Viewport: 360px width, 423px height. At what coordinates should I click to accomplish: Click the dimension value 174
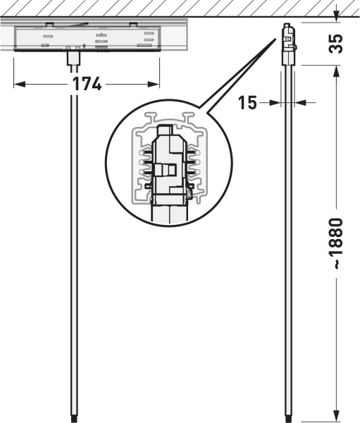[x=87, y=84]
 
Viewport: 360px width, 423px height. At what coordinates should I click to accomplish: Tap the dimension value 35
[x=336, y=44]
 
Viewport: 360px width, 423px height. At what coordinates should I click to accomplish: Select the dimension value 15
[x=247, y=103]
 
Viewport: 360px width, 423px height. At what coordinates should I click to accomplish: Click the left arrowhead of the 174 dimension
[x=20, y=84]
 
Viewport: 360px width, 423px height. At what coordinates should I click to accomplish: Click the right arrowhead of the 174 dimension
[x=154, y=84]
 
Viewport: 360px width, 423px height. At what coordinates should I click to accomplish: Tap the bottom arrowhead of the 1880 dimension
[x=336, y=415]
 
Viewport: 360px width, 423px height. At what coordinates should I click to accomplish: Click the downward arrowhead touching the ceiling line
[x=336, y=16]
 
